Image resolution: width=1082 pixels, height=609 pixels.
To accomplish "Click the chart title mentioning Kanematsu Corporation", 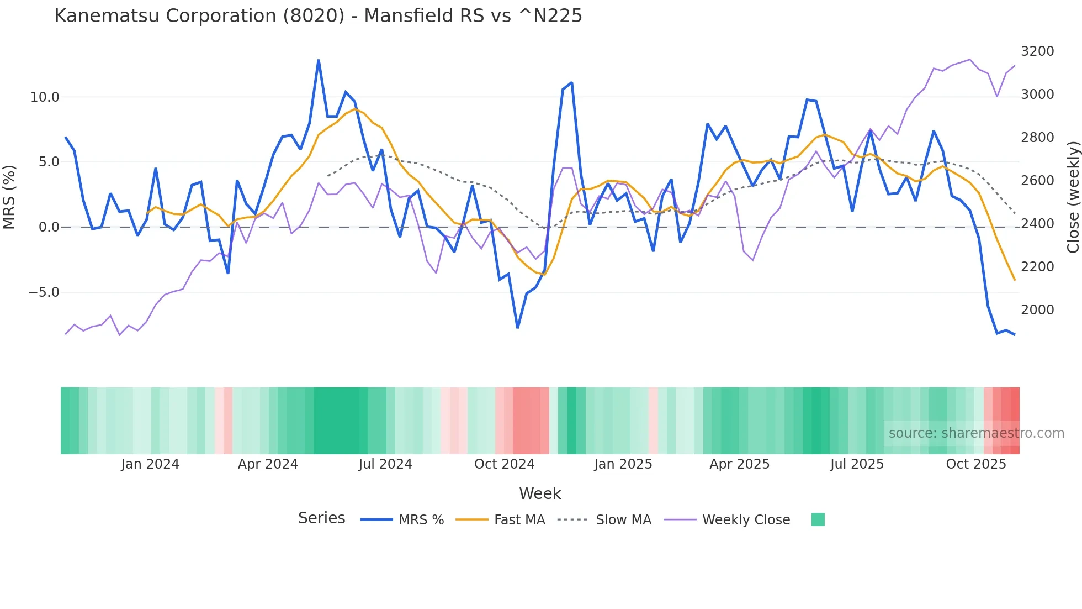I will coord(318,16).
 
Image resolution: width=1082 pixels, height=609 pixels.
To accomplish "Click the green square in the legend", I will coord(818,519).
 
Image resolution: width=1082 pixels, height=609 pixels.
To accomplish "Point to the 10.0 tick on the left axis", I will coord(45,97).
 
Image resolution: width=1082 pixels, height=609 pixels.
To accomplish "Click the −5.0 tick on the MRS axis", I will coord(44,292).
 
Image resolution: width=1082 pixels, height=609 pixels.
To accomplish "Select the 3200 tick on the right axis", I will coord(1037,51).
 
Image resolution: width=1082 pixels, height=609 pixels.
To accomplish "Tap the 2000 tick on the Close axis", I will coord(1037,310).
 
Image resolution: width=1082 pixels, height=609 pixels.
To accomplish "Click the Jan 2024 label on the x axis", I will coord(150,464).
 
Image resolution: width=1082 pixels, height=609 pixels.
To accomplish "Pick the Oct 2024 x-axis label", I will coord(504,464).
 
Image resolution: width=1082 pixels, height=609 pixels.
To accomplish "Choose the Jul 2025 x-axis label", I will coord(857,464).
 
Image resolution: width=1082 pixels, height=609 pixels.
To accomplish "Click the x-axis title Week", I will coord(540,494).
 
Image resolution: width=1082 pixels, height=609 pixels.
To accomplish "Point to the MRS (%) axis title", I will coord(9,197).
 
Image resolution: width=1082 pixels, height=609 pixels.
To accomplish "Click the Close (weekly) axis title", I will coord(1073,197).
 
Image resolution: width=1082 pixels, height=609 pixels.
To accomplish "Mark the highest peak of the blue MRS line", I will coord(319,60).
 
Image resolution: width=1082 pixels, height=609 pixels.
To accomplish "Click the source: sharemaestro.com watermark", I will coord(976,433).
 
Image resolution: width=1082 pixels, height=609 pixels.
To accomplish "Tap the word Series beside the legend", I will coord(321,518).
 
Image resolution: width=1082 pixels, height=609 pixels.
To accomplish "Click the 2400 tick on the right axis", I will coord(1037,224).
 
